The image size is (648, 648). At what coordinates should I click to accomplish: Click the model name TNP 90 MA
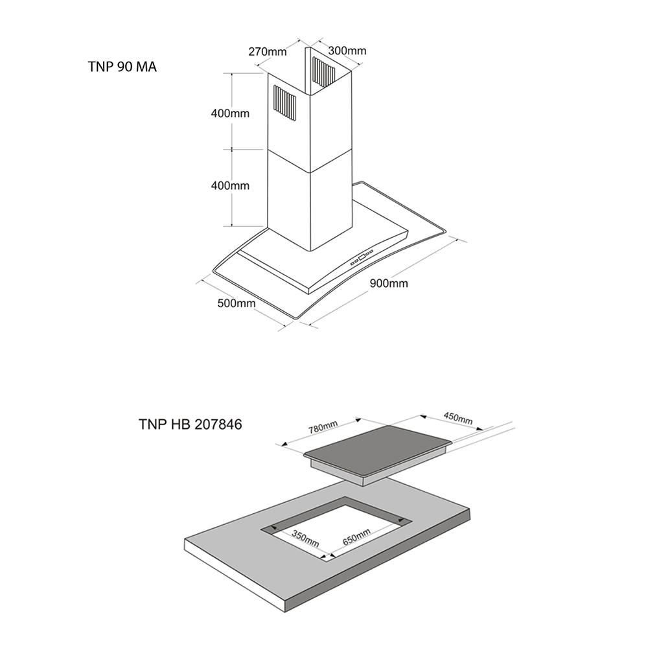tap(122, 67)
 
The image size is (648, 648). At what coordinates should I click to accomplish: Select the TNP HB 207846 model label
tap(190, 424)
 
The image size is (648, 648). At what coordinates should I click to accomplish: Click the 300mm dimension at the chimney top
tap(347, 51)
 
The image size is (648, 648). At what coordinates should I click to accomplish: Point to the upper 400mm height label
tap(230, 113)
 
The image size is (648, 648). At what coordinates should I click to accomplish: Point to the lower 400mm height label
tap(230, 185)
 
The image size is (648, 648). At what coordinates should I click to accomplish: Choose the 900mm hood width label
tap(389, 283)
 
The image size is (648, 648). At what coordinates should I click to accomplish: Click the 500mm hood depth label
tap(236, 303)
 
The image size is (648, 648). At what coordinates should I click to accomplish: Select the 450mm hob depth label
tap(457, 417)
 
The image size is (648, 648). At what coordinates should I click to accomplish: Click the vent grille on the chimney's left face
tap(283, 104)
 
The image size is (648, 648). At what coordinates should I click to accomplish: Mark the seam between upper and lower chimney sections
tap(310, 162)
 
